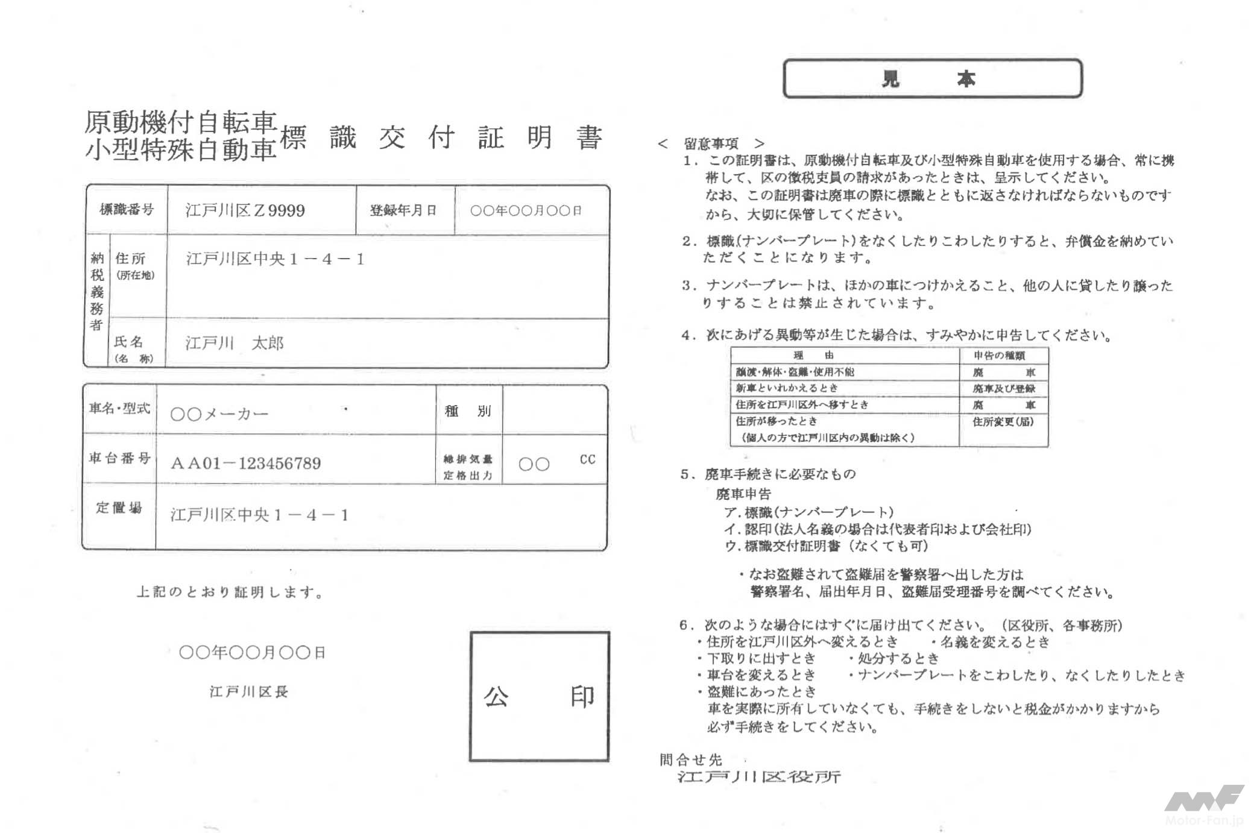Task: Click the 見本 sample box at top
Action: (x=932, y=78)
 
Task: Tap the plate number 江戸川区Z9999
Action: (x=245, y=210)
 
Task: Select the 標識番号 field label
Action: (x=127, y=210)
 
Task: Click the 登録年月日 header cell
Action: (x=404, y=210)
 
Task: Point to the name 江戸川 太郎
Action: (x=234, y=343)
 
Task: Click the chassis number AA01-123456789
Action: (x=246, y=463)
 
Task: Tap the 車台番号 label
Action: (x=119, y=458)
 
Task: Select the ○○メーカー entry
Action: (x=219, y=414)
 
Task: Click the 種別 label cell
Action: (x=468, y=411)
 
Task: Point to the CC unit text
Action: (x=587, y=459)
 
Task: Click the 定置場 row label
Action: (x=119, y=508)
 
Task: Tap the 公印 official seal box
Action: (x=539, y=696)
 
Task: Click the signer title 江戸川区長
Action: (x=249, y=691)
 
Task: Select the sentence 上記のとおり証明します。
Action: (x=230, y=592)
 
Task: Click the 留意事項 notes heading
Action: (x=711, y=143)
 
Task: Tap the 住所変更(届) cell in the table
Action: (x=1003, y=422)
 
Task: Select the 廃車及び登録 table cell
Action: (x=1004, y=389)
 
